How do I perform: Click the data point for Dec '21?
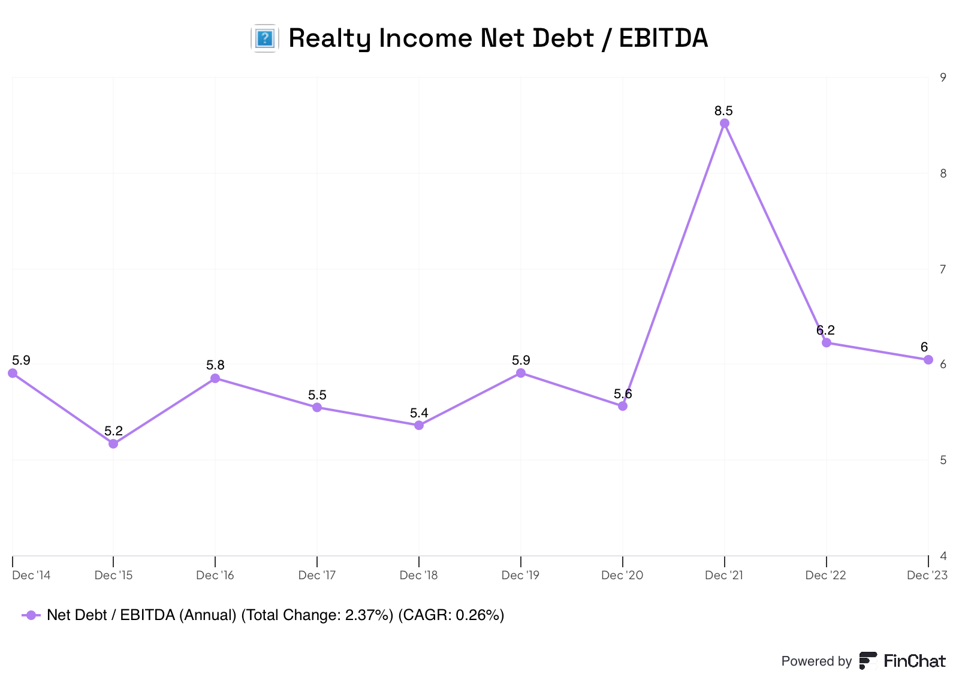[x=725, y=124]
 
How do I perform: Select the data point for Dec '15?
[x=113, y=444]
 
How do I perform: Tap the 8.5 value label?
[x=723, y=111]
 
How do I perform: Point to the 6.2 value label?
[x=825, y=330]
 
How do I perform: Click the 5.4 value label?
[x=419, y=413]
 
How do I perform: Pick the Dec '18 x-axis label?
[x=418, y=576]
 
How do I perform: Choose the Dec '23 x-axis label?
[x=927, y=576]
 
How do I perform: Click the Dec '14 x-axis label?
[x=31, y=576]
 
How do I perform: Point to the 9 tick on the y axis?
[x=943, y=77]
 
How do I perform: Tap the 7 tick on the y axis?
[x=943, y=269]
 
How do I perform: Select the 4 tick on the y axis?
[x=943, y=556]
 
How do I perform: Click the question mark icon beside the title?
[x=264, y=38]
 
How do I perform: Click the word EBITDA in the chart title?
[x=663, y=38]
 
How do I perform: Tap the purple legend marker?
[x=31, y=615]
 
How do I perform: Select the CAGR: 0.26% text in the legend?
[x=451, y=615]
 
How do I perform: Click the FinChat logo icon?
[x=867, y=661]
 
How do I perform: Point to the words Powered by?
[x=816, y=661]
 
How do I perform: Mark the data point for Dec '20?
[x=623, y=406]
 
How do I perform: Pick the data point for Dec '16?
[x=215, y=378]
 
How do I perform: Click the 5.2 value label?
[x=113, y=431]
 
